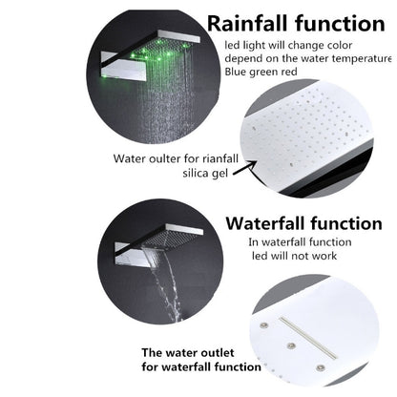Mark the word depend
(x=245, y=58)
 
